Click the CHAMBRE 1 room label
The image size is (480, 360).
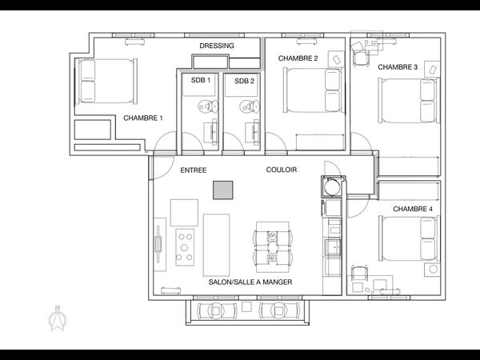(143, 118)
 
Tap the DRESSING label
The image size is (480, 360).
(216, 46)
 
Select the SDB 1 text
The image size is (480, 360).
(200, 80)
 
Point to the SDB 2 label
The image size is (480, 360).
(244, 80)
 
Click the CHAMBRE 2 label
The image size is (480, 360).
(298, 58)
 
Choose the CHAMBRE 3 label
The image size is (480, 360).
(398, 67)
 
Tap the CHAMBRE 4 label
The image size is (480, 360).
(413, 209)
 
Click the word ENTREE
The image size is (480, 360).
(194, 170)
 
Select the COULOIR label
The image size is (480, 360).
(282, 170)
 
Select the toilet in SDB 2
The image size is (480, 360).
(249, 105)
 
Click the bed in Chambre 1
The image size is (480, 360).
(106, 80)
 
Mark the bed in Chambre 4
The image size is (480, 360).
(408, 239)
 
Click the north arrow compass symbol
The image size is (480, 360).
(58, 319)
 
